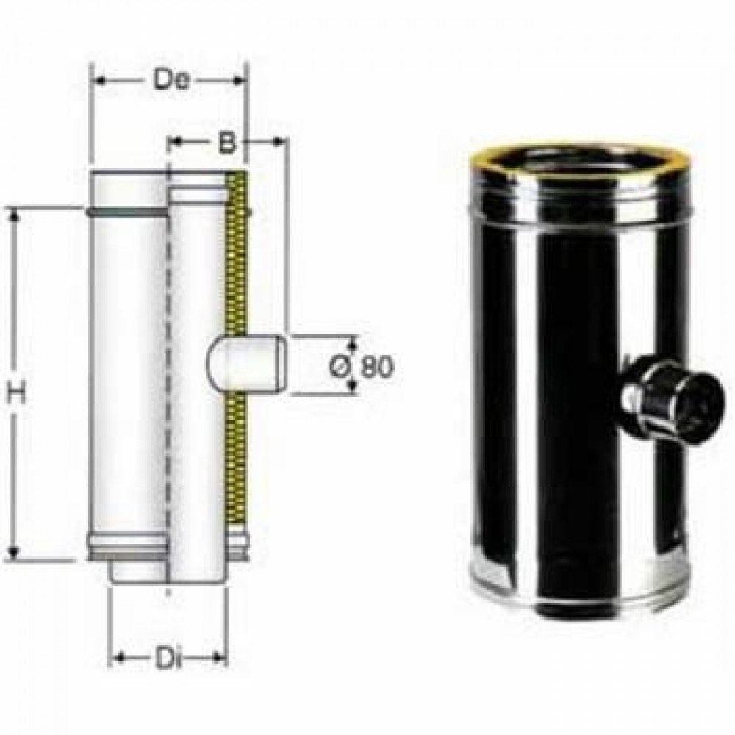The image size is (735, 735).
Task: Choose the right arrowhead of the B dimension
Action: click(280, 140)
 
